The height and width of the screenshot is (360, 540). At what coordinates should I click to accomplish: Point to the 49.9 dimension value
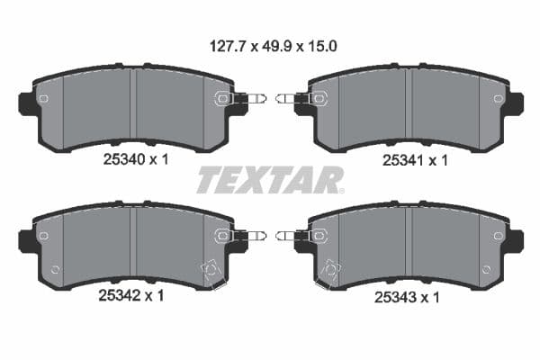click(271, 43)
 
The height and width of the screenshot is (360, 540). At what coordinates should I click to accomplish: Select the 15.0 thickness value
click(320, 43)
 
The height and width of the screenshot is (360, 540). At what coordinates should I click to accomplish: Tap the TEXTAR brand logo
click(269, 180)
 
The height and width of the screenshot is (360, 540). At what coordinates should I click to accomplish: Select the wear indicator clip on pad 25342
click(243, 236)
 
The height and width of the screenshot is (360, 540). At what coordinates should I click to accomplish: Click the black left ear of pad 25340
click(28, 103)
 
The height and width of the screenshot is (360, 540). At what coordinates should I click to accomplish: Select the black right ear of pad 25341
click(513, 103)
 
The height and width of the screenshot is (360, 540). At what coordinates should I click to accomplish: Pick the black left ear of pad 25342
click(28, 239)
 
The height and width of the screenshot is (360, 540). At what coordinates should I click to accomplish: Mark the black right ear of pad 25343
click(513, 239)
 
